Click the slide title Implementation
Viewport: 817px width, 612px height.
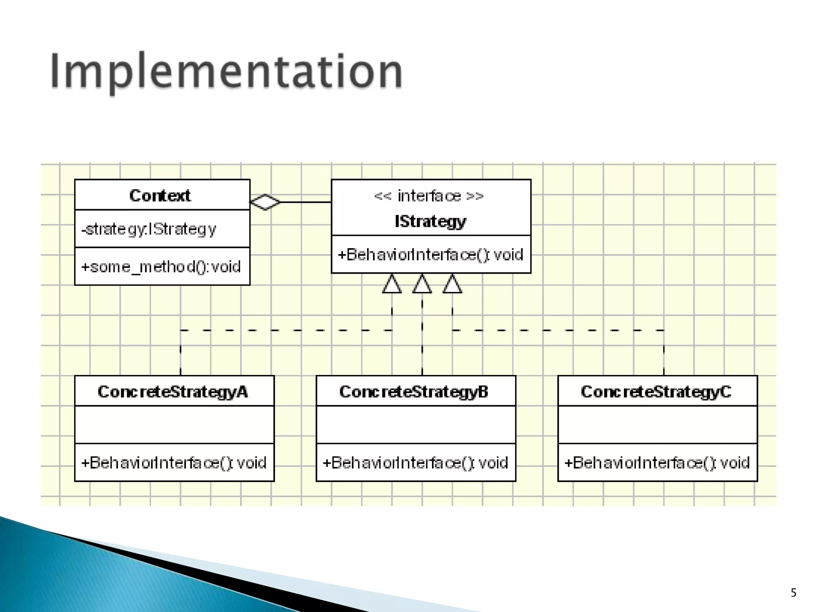(226, 72)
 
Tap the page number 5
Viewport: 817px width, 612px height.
(793, 593)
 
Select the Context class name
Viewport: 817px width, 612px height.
(160, 195)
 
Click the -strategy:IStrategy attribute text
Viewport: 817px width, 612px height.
(149, 229)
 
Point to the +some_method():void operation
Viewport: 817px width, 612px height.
(161, 267)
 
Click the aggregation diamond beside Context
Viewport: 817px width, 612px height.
(265, 202)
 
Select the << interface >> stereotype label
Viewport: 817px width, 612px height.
(429, 196)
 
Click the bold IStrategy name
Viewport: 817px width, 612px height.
(430, 221)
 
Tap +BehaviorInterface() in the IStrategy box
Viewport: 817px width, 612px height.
(430, 255)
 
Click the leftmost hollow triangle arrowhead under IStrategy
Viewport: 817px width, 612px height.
(392, 284)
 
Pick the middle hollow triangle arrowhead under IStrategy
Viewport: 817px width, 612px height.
(422, 284)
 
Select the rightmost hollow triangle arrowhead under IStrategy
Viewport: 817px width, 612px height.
(452, 284)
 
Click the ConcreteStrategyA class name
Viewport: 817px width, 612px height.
(173, 392)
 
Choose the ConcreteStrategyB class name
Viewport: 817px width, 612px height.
(414, 392)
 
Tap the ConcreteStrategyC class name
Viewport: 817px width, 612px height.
(656, 392)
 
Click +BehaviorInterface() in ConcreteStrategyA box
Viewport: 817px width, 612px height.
(174, 463)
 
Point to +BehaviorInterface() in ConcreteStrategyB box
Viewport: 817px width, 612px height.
(415, 463)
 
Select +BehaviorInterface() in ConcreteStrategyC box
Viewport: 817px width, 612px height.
(657, 463)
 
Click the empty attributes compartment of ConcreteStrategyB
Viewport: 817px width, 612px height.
(416, 425)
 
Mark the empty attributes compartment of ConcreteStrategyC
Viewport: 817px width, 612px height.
(657, 425)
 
